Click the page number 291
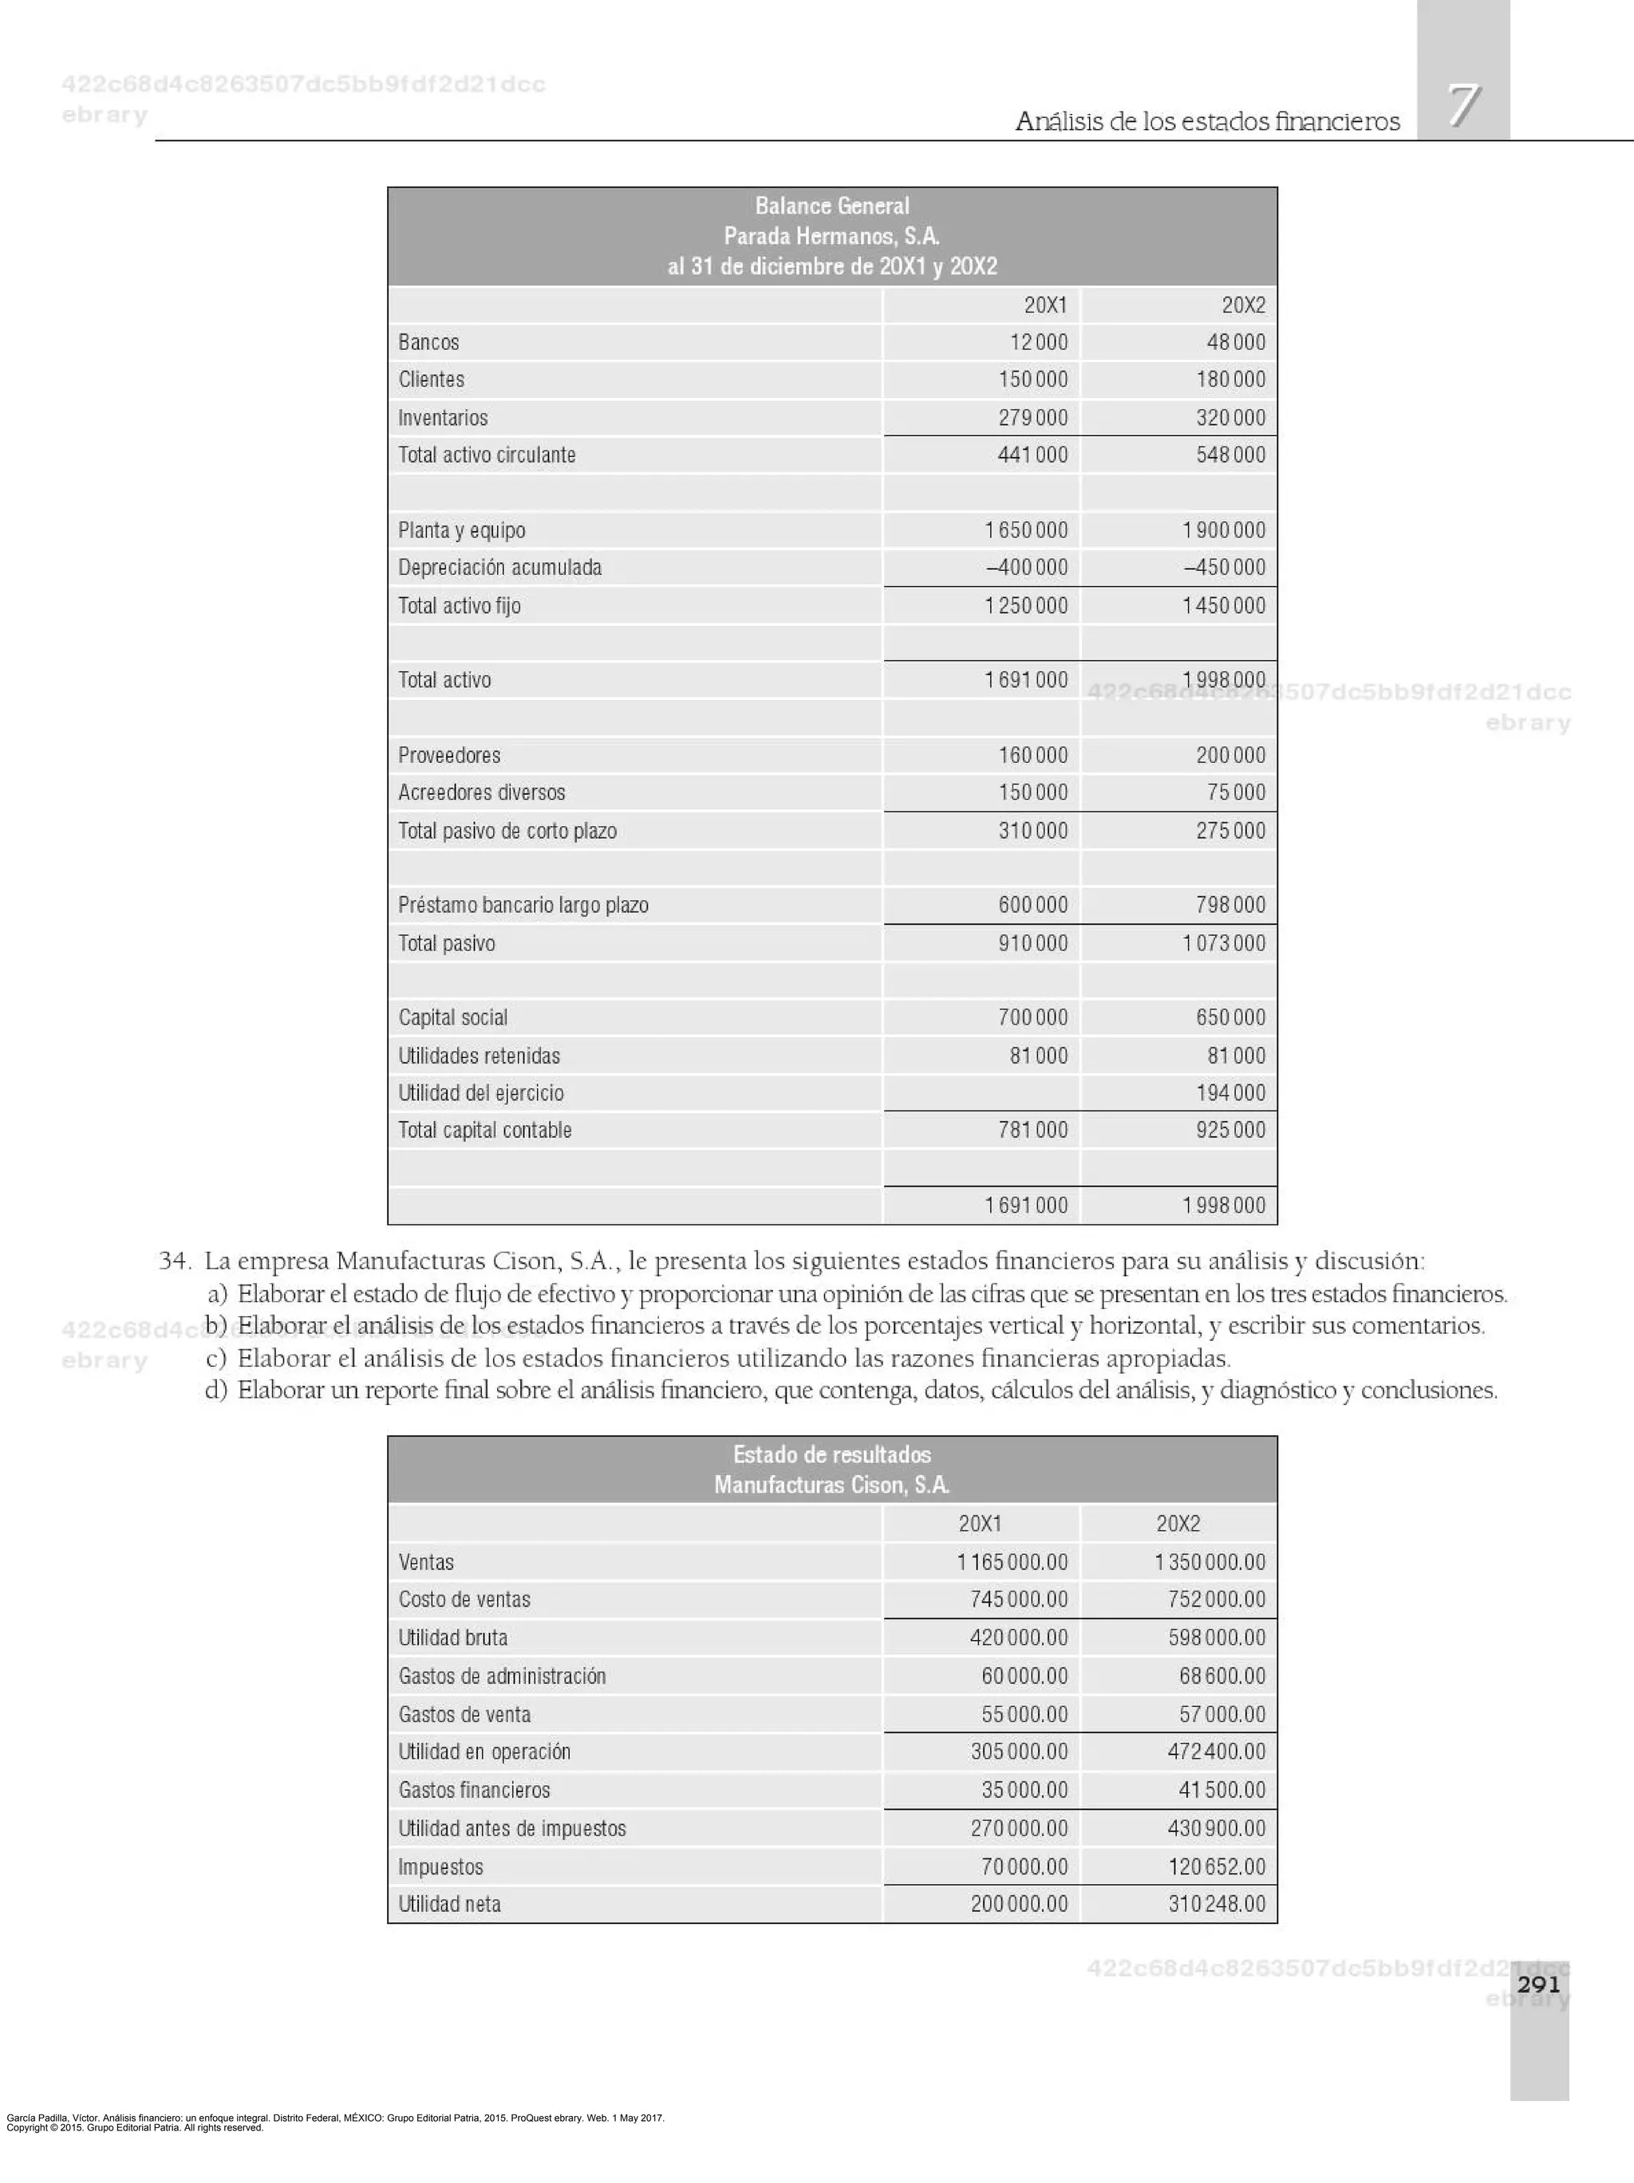[1538, 1984]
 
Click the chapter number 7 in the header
[1463, 105]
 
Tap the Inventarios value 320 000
[1230, 418]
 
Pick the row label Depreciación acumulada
[499, 568]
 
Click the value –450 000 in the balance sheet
[1224, 568]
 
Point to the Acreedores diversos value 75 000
[1235, 793]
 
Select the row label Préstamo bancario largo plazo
[523, 905]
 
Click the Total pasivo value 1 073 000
[1223, 943]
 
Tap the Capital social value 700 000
[1032, 1017]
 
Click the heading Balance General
[831, 206]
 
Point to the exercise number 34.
[174, 1261]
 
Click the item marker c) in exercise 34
[216, 1359]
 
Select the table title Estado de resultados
[831, 1455]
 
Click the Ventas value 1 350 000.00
[1210, 1562]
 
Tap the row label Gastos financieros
[474, 1790]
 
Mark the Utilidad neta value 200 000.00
[1018, 1905]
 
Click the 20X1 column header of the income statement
[980, 1524]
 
